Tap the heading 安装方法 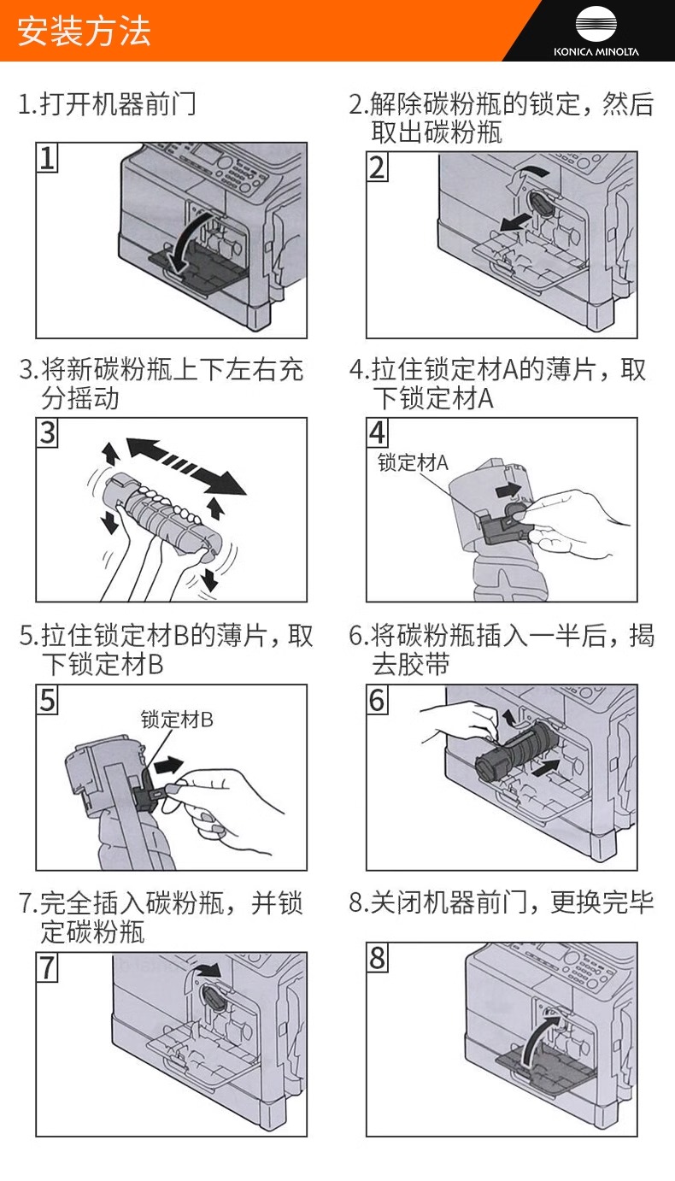pyautogui.click(x=84, y=32)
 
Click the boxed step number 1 pyautogui.click(x=48, y=158)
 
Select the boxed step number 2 pyautogui.click(x=378, y=167)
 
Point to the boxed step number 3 pyautogui.click(x=48, y=433)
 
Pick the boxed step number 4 pyautogui.click(x=378, y=433)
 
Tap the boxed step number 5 pyautogui.click(x=48, y=701)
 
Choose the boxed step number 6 pyautogui.click(x=378, y=701)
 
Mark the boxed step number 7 pyautogui.click(x=48, y=968)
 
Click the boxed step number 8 pyautogui.click(x=378, y=958)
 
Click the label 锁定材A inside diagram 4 pyautogui.click(x=413, y=464)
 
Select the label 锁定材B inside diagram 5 pyautogui.click(x=177, y=720)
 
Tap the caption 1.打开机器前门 pyautogui.click(x=107, y=104)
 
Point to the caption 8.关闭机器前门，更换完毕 pyautogui.click(x=502, y=902)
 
